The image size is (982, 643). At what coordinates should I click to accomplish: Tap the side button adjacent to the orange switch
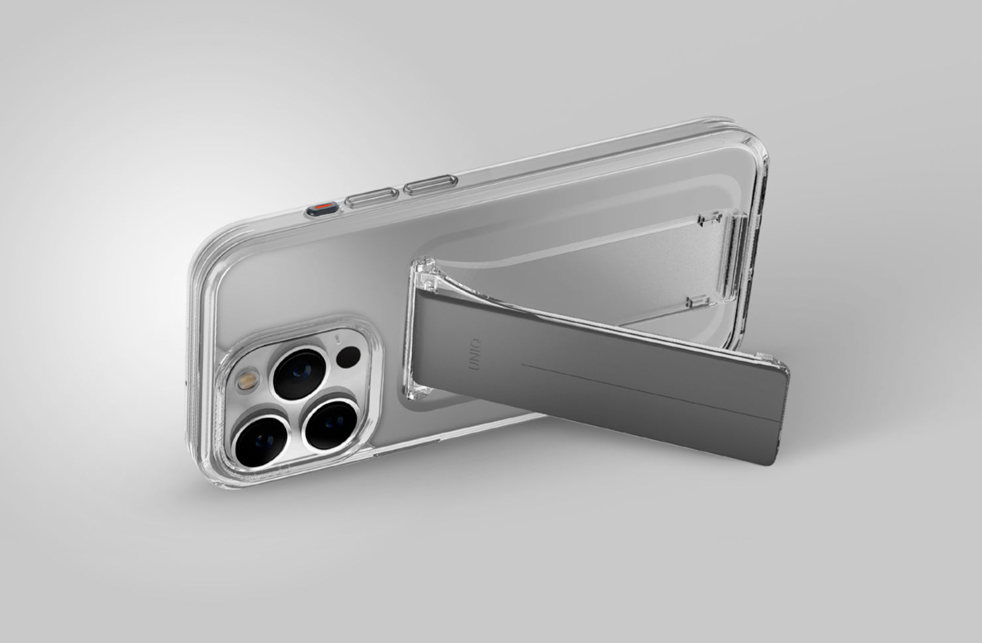372,197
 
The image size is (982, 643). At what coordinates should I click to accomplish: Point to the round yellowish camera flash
249,382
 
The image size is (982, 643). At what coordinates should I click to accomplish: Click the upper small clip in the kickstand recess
711,219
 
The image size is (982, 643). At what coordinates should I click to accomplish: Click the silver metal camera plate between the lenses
302,405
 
